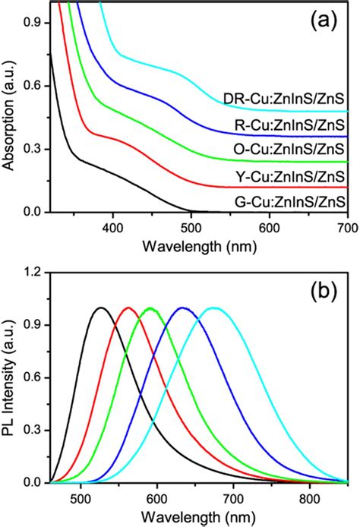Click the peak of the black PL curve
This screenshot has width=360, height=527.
[x=99, y=308]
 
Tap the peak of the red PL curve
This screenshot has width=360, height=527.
[x=128, y=308]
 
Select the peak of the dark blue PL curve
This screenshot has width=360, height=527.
[x=182, y=308]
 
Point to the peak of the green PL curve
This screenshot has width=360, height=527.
[x=150, y=308]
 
